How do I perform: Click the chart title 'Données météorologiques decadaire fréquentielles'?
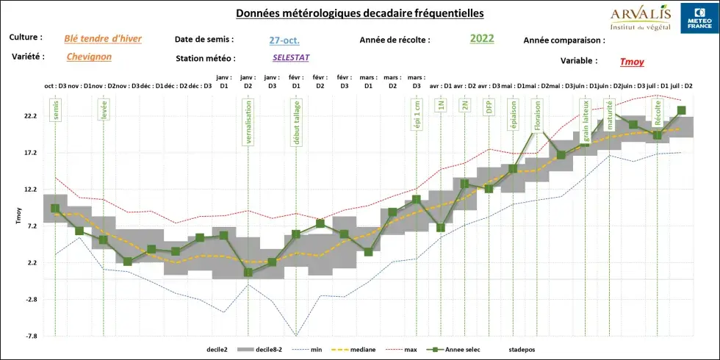[x=359, y=14]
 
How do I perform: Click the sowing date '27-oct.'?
[x=284, y=40]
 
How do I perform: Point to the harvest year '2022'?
[x=483, y=38]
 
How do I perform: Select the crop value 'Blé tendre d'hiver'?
[x=104, y=38]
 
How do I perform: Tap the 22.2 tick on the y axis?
[x=30, y=116]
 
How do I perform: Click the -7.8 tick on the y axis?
[x=30, y=336]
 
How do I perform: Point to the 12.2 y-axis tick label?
[x=30, y=190]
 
